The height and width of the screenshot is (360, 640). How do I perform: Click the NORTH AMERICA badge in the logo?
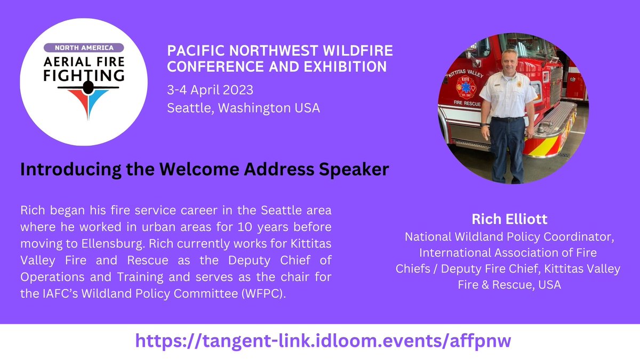tap(83, 47)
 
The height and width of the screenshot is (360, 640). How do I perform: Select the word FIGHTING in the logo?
tap(83, 75)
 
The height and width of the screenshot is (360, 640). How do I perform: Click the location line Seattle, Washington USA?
tap(243, 108)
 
